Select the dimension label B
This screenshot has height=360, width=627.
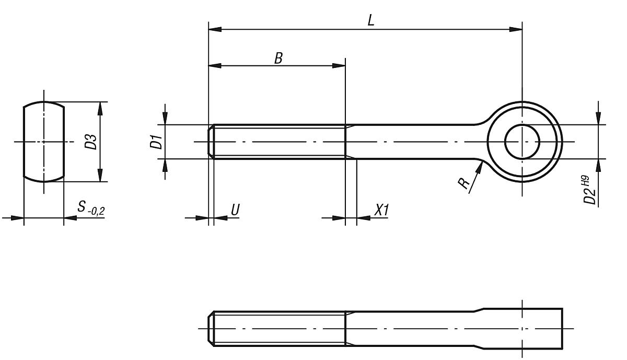click(x=278, y=58)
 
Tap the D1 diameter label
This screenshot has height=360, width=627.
click(x=156, y=142)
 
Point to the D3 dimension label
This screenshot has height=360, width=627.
click(x=91, y=142)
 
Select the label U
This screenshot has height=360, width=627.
click(x=235, y=210)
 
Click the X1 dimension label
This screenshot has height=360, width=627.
click(x=381, y=210)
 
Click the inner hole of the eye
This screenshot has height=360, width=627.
click(x=522, y=142)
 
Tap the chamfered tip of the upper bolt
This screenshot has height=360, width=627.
click(x=211, y=142)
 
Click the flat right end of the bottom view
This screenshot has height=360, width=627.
click(x=562, y=329)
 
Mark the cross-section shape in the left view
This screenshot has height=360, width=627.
click(x=44, y=142)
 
